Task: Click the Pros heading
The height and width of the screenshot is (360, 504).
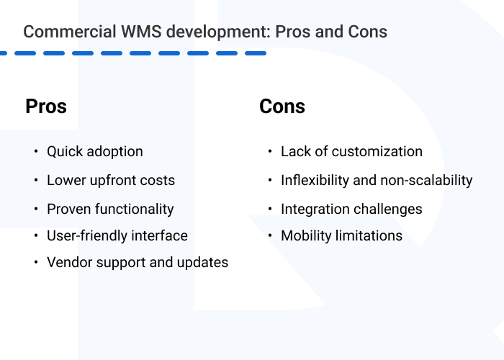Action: [x=46, y=107]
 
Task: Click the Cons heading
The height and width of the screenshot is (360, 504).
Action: [x=282, y=107]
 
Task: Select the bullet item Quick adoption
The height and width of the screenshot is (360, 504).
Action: [x=95, y=152]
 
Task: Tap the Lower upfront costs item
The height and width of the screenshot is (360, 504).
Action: [x=111, y=180]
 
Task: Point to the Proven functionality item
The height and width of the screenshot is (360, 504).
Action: [x=110, y=209]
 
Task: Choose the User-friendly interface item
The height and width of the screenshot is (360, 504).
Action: [x=117, y=235]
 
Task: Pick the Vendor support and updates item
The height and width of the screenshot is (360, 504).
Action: [x=138, y=263]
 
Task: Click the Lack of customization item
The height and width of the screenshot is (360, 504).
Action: [x=351, y=152]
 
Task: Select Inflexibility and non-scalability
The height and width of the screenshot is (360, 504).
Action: [x=377, y=180]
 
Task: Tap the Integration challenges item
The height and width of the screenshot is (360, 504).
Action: [x=351, y=209]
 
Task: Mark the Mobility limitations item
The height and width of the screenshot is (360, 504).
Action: [x=341, y=235]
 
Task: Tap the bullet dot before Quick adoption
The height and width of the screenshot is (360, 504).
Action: [x=36, y=152]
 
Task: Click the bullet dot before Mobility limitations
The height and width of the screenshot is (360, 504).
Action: [x=270, y=235]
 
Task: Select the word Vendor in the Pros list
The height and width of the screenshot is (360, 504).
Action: [x=68, y=263]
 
